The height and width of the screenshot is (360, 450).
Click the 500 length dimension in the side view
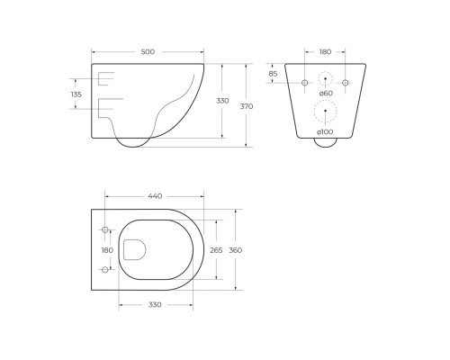click(148, 52)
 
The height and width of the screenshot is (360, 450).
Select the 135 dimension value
click(76, 94)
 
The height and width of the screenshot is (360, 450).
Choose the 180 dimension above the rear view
click(325, 52)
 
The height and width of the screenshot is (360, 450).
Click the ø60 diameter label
click(326, 94)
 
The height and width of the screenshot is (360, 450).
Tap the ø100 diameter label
click(325, 133)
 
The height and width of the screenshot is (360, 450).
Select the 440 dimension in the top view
click(154, 195)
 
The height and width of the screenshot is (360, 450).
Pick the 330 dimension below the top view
click(155, 306)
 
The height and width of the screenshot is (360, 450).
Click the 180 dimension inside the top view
click(107, 250)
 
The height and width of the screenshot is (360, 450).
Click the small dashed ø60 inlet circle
click(325, 82)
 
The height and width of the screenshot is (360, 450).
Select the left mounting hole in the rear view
click(304, 83)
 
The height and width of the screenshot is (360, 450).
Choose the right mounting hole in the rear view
click(345, 83)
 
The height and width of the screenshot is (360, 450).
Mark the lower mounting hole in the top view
click(106, 270)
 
